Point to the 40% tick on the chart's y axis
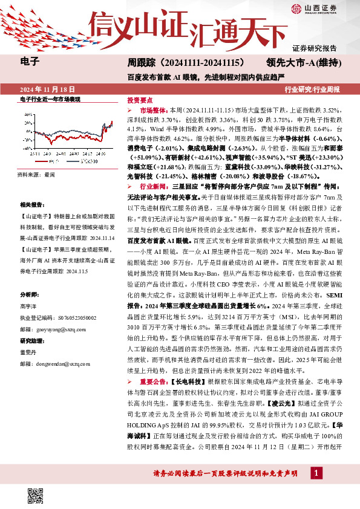[x=25, y=113]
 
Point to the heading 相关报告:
[x=32, y=206]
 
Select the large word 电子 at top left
[x=29, y=62]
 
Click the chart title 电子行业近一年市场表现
[x=46, y=98]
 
